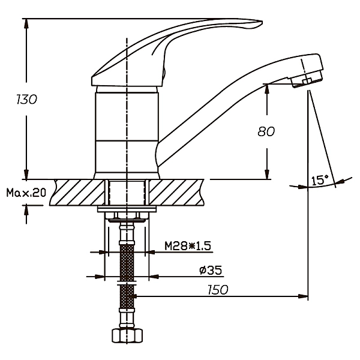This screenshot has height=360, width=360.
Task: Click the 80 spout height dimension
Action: (x=266, y=132)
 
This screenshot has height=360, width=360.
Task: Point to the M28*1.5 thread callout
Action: (x=188, y=245)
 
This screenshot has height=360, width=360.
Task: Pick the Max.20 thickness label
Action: (x=26, y=193)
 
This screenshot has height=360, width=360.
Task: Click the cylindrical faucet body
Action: (x=127, y=132)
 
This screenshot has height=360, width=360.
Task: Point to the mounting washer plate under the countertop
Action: (x=127, y=209)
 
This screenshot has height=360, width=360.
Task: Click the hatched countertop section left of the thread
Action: (x=78, y=192)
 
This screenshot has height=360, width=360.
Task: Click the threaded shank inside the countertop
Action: (x=127, y=192)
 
